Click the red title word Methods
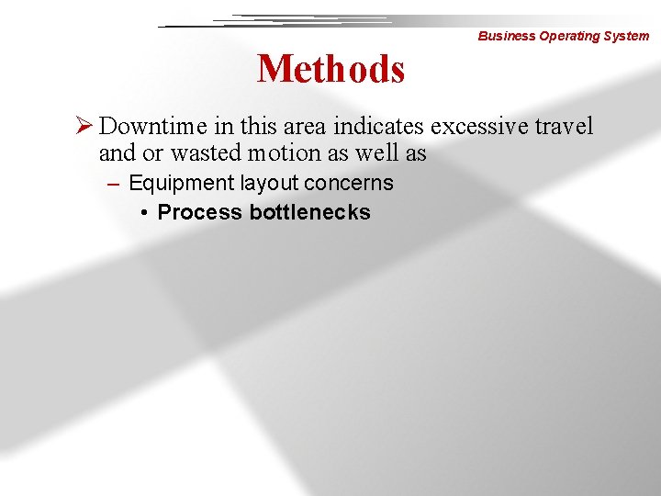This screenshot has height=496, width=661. (x=330, y=69)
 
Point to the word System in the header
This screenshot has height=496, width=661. (x=626, y=37)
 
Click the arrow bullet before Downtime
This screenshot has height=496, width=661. (x=85, y=125)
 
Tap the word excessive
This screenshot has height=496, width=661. (x=478, y=125)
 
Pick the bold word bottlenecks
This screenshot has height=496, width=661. (x=309, y=213)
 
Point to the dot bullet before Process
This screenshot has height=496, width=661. (x=145, y=213)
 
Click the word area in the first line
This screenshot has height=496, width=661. (x=305, y=125)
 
